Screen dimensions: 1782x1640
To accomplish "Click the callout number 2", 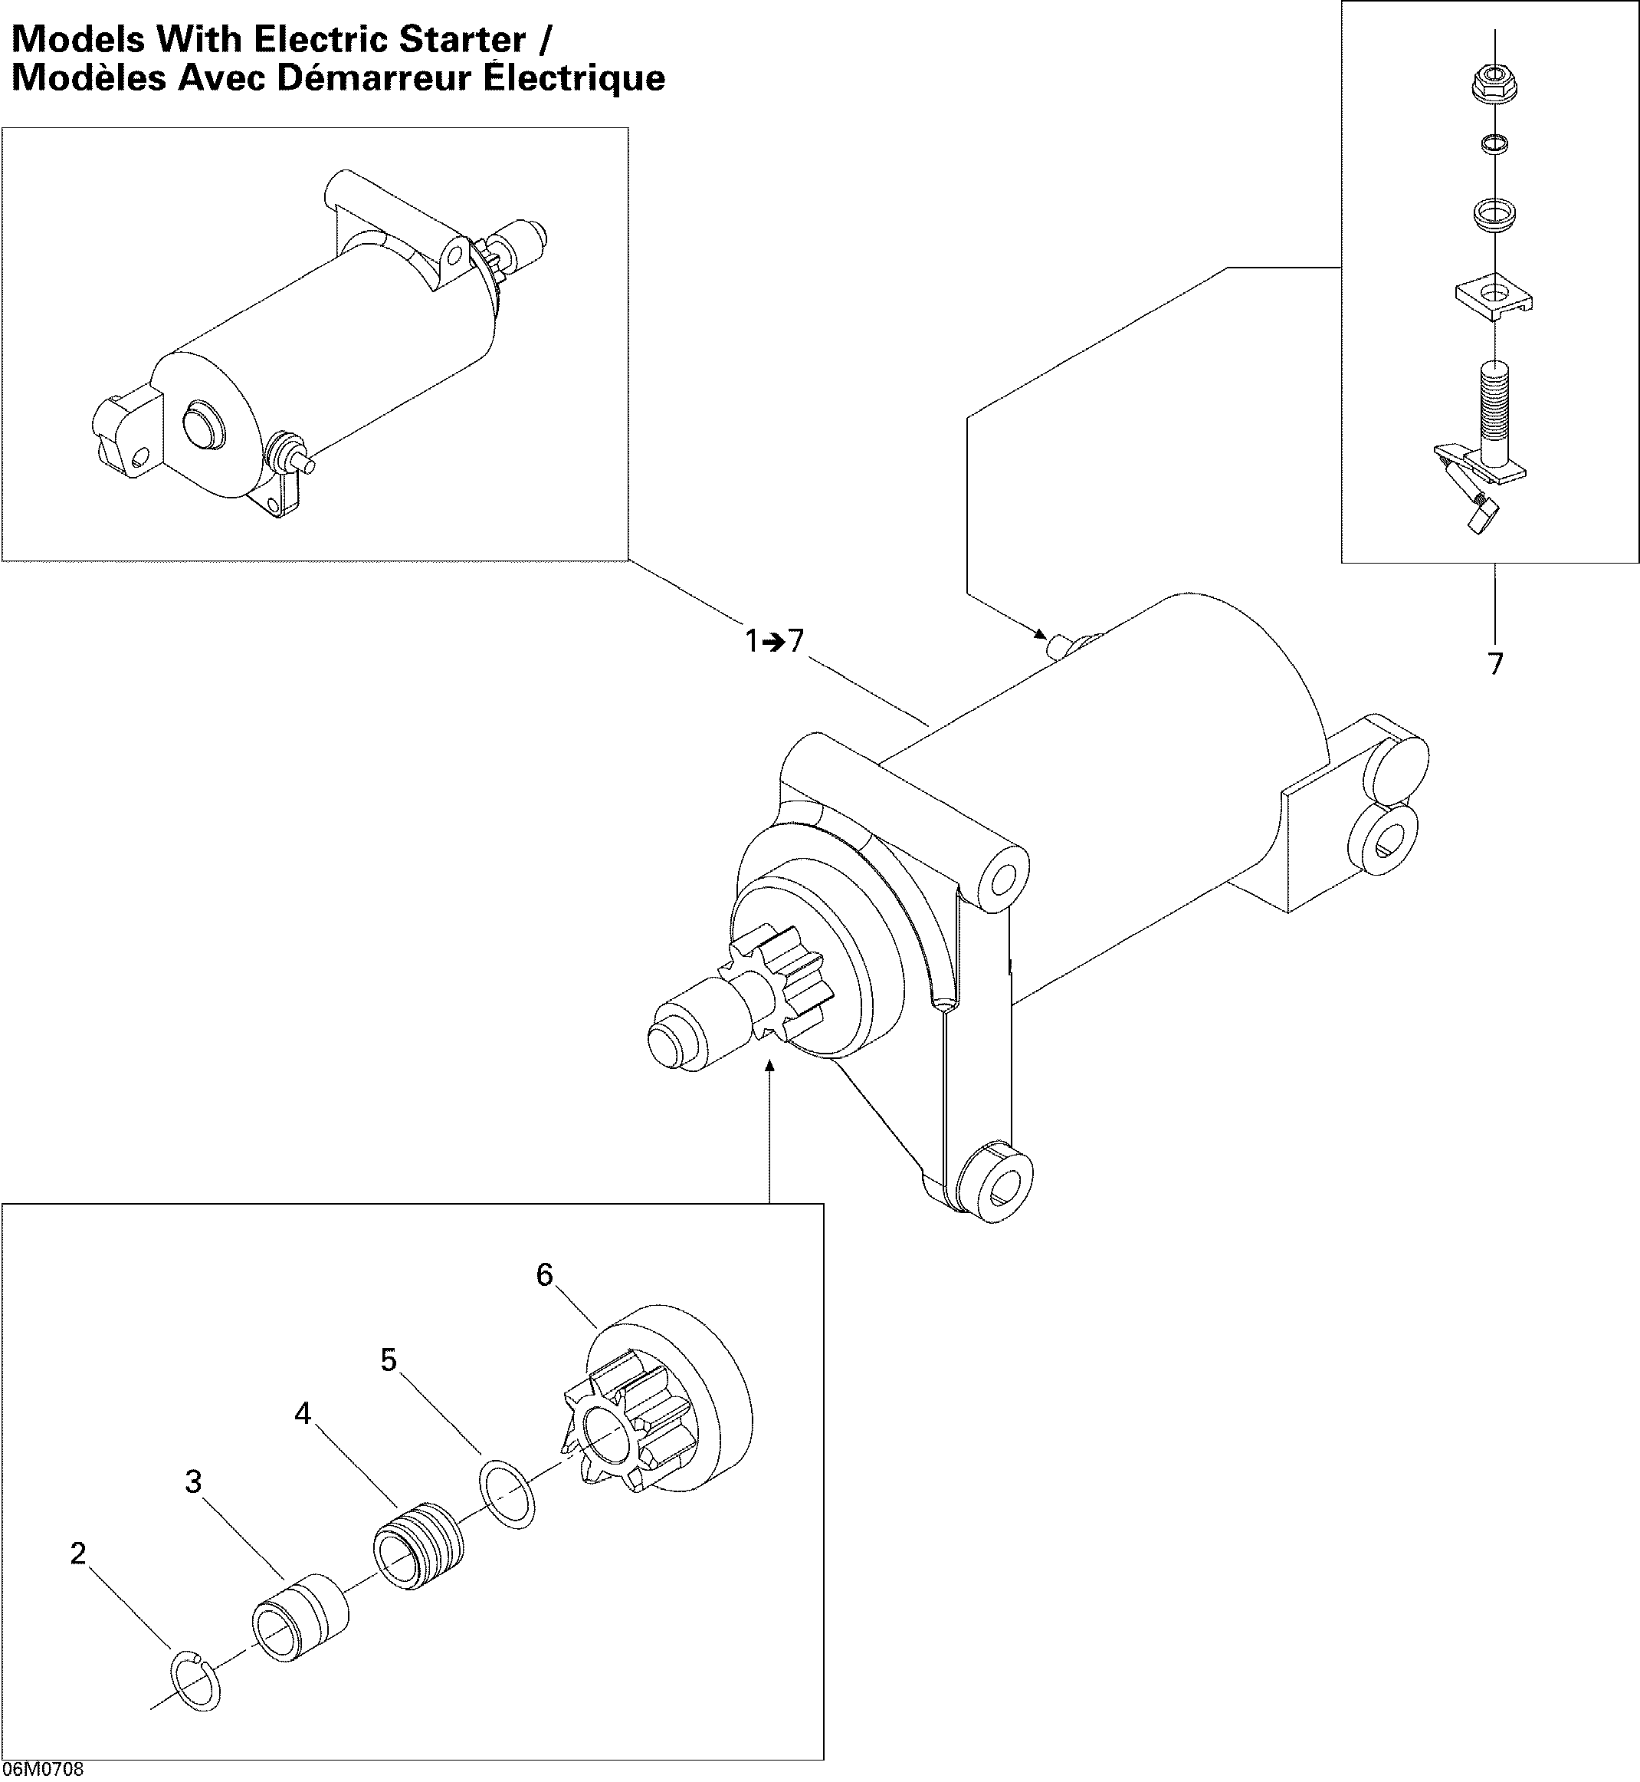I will point(78,1553).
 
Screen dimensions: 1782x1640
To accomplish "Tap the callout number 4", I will point(303,1412).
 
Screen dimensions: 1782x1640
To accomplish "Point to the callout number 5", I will point(389,1360).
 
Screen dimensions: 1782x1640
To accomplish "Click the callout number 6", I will point(544,1275).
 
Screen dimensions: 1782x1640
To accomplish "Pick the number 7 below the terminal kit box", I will point(1495,663).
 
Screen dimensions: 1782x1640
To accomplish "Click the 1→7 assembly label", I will point(774,640).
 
